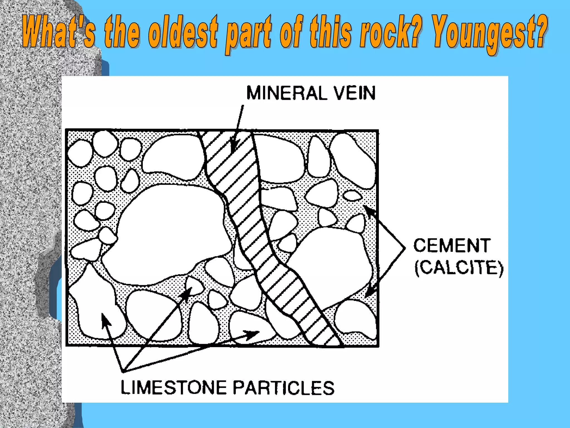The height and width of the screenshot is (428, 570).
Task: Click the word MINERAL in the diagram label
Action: point(287,93)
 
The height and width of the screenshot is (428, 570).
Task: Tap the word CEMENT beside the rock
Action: point(451,245)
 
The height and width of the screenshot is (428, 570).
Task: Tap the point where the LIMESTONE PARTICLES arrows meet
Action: point(124,371)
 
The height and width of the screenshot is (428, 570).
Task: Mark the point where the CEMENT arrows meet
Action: point(404,248)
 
